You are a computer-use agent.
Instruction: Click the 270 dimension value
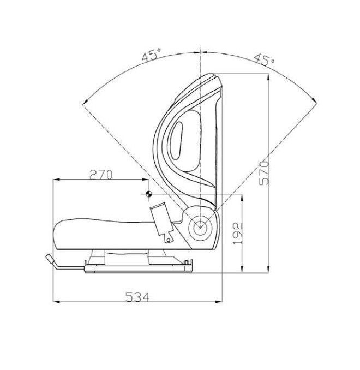pos(101,175)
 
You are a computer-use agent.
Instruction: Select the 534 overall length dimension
pos(137,297)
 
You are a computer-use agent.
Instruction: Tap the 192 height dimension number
pos(238,234)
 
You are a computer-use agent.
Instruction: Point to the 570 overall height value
pos(264,173)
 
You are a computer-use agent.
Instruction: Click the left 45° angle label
pos(152,55)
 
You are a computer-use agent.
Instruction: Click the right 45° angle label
pos(265,59)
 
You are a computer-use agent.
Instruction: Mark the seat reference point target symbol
pos(148,194)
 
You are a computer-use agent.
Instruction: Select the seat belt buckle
pos(163,222)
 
